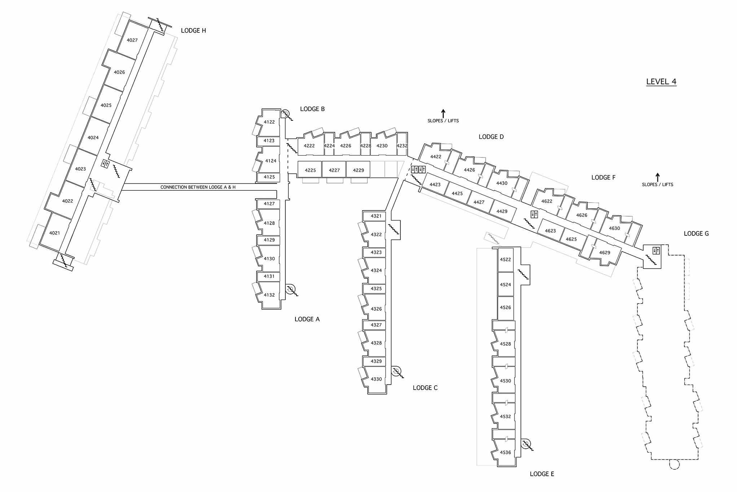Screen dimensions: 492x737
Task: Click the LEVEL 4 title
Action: [661, 81]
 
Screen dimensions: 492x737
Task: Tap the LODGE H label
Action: [193, 31]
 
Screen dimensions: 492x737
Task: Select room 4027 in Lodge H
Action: [132, 40]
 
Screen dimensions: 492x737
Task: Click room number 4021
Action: [54, 233]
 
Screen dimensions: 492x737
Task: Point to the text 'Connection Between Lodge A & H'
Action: [198, 187]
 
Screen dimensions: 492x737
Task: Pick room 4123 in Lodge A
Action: [269, 141]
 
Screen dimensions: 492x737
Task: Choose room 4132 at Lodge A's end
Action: [269, 295]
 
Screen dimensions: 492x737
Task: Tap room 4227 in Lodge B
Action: [334, 170]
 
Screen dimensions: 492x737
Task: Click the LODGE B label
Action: [312, 109]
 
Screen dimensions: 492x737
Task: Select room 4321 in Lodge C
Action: [376, 216]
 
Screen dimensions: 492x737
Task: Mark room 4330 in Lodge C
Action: [376, 379]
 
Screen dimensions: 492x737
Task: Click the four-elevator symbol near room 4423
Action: [418, 169]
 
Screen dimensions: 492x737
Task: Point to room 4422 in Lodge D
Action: [435, 157]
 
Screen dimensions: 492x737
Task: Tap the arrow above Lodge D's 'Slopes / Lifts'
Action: [443, 113]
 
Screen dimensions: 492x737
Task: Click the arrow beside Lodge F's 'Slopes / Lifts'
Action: [657, 177]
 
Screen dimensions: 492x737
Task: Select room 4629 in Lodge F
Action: [605, 252]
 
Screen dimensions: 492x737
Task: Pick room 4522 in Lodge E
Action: [505, 260]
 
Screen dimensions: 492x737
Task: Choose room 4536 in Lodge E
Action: [505, 452]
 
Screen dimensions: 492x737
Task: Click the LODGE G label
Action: [696, 234]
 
